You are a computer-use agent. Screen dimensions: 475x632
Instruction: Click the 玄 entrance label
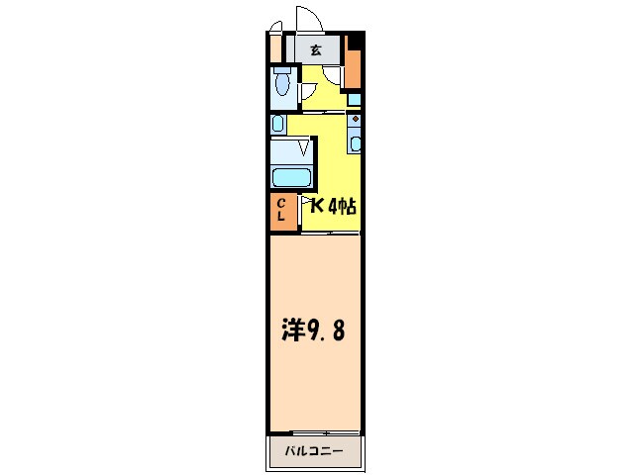315,49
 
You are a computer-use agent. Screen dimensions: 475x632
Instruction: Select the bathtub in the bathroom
292,178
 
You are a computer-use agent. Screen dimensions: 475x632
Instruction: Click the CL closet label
282,209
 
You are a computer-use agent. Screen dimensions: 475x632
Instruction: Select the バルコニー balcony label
315,450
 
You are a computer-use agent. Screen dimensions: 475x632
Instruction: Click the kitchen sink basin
356,142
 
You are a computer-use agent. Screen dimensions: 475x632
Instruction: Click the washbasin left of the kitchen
278,124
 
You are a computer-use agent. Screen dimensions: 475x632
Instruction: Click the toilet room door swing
309,90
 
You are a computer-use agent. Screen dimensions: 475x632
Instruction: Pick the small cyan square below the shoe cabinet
354,99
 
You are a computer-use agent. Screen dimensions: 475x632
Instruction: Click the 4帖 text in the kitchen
342,207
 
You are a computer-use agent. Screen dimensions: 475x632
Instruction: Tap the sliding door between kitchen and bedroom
330,232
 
